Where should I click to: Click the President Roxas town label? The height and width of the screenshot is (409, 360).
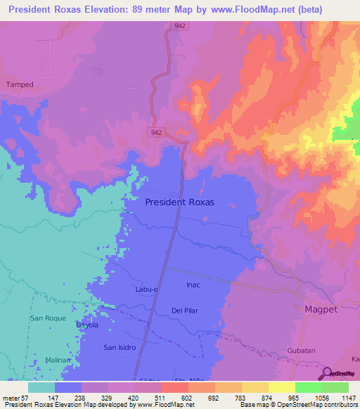[179, 202]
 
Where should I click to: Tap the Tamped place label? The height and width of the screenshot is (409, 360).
[20, 84]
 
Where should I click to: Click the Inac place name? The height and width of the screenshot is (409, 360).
[194, 285]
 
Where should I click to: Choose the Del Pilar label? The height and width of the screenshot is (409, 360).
[188, 310]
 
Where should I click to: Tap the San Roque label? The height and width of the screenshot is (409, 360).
[47, 318]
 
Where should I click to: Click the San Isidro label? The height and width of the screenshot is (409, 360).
[120, 347]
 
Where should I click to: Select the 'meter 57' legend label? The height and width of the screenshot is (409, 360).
[15, 398]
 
